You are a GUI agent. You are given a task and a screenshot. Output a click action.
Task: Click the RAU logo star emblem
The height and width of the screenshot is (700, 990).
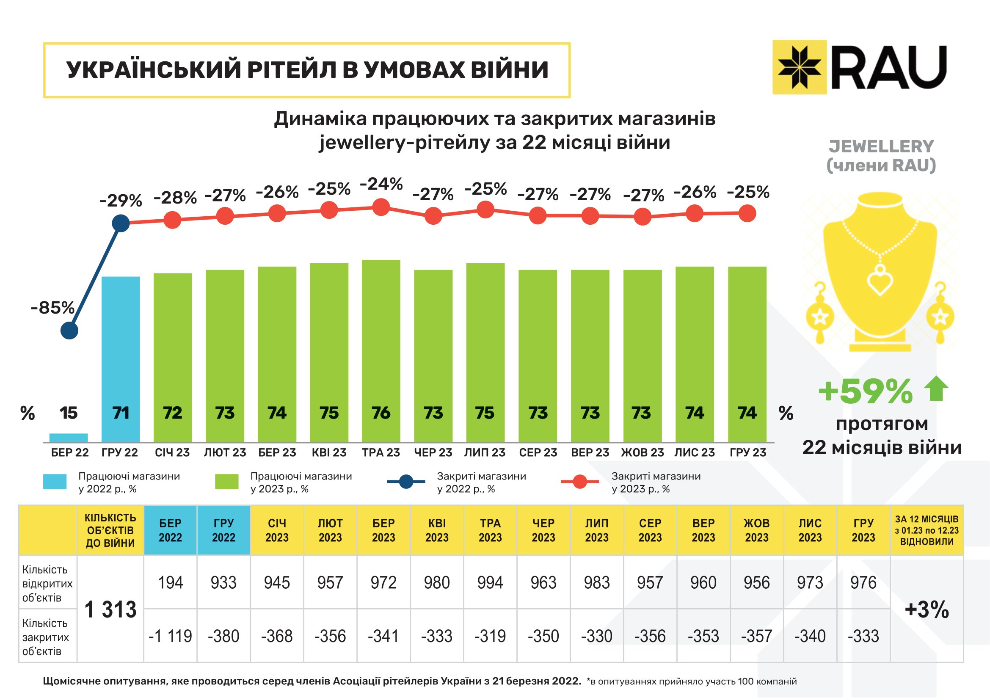799,67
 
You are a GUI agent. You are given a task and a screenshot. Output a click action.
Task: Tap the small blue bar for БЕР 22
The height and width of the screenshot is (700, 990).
69,438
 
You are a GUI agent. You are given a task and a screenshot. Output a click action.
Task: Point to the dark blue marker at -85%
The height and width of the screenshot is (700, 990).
69,331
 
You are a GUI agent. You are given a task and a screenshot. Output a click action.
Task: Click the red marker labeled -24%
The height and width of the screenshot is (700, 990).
381,207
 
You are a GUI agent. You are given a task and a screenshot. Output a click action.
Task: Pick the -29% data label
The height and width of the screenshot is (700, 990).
121,201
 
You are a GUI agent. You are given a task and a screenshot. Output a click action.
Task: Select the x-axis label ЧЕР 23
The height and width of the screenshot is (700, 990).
433,452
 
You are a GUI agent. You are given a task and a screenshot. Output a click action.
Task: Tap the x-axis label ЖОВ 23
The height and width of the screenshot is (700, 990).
642,452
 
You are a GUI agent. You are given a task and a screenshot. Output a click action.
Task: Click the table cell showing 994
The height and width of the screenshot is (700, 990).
490,583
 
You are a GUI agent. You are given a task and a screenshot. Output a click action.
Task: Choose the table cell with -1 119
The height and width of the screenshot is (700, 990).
170,636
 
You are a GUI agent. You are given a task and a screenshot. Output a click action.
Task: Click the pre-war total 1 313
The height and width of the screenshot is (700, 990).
110,609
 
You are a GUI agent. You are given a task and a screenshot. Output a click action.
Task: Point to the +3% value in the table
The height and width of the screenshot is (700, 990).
927,609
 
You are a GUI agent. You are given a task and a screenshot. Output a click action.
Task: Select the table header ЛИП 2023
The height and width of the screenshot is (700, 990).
597,530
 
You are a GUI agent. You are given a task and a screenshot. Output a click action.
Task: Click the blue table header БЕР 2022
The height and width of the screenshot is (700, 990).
170,530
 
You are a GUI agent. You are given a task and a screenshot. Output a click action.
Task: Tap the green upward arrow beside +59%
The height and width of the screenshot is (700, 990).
936,389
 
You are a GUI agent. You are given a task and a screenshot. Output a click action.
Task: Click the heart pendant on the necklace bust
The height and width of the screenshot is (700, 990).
880,281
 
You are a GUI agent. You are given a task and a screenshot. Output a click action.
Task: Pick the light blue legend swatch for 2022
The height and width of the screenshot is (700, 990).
55,482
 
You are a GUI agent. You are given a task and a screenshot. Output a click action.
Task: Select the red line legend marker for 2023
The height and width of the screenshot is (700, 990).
580,482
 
